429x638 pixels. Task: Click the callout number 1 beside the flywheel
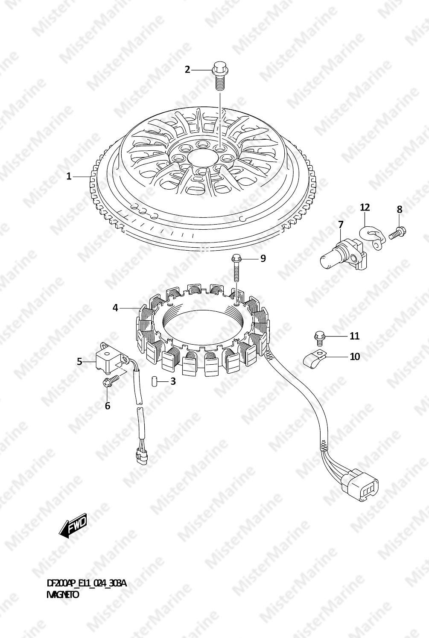coord(69,177)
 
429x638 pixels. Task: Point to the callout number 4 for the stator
coord(115,308)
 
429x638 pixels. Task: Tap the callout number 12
coord(365,208)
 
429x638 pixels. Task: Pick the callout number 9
coord(263,258)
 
